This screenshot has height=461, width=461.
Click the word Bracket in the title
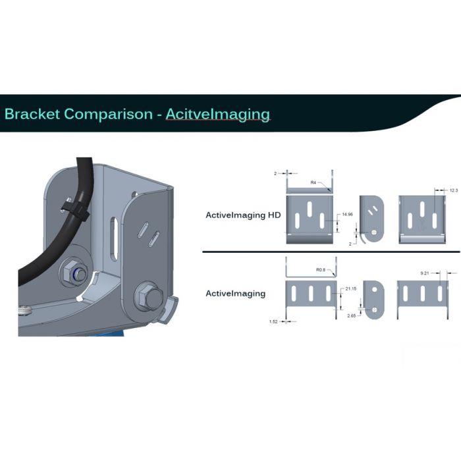click(x=32, y=114)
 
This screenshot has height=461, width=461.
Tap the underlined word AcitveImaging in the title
click(x=218, y=114)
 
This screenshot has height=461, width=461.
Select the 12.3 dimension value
click(x=453, y=190)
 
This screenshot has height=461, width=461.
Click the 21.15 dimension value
click(x=351, y=288)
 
